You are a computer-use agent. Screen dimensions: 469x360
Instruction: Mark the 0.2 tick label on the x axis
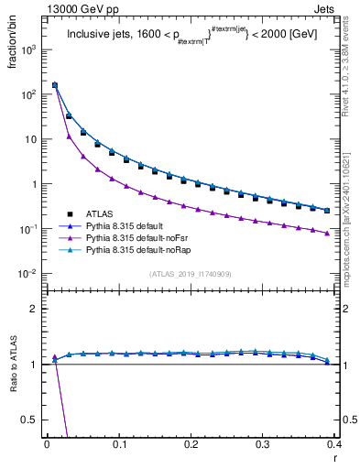click(191, 445)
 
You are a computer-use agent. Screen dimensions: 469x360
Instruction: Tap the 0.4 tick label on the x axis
click(334, 445)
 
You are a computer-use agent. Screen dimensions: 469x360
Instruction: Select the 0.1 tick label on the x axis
click(118, 445)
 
